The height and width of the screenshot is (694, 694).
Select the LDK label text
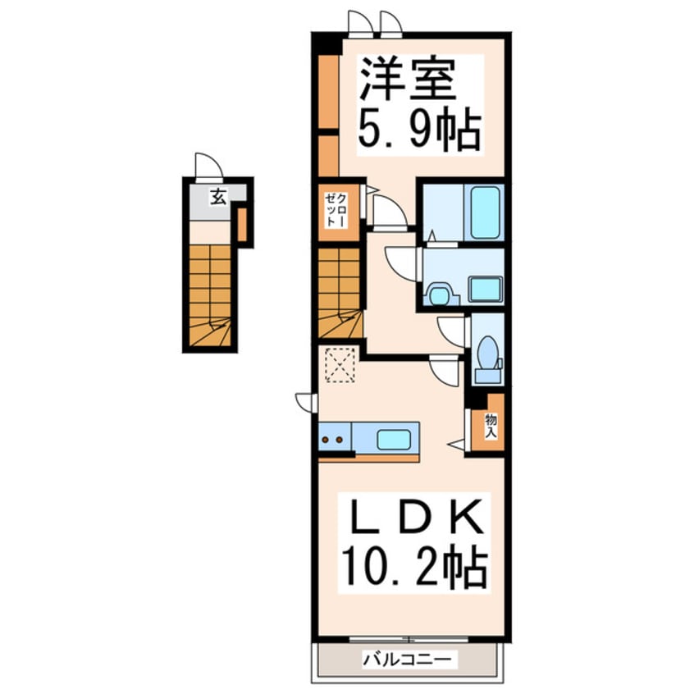[x=411, y=518]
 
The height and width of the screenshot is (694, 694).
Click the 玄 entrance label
[x=217, y=197]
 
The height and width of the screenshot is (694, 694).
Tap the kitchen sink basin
[x=394, y=439]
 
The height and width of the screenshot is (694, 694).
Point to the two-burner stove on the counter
[x=334, y=439]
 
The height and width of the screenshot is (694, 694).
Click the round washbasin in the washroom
[x=439, y=292]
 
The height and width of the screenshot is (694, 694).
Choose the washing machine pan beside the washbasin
[x=485, y=290]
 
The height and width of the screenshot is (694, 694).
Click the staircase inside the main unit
[x=340, y=293]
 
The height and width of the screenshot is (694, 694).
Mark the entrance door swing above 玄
[x=208, y=167]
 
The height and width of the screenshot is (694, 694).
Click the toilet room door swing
[x=453, y=330]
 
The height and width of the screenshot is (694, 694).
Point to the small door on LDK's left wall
[x=307, y=403]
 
